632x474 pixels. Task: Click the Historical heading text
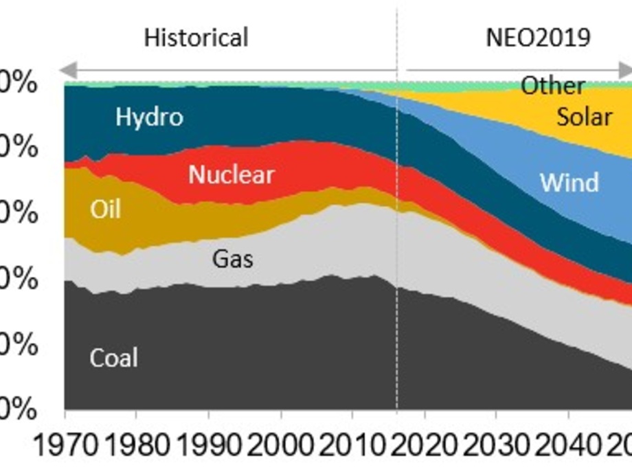(196, 37)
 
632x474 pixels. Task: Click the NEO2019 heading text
(538, 37)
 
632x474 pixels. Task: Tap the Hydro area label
(149, 117)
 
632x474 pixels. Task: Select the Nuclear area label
(231, 175)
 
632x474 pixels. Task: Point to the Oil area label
(105, 209)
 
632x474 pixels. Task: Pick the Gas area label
(232, 259)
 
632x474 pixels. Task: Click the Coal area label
(113, 358)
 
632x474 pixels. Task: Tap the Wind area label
(569, 183)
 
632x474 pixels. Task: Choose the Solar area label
(584, 117)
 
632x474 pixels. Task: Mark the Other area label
(552, 87)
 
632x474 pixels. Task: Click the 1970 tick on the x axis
(65, 447)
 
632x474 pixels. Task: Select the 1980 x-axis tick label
(136, 447)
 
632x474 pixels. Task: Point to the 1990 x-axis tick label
(208, 447)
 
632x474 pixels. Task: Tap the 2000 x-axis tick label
(280, 447)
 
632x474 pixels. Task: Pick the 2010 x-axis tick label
(352, 447)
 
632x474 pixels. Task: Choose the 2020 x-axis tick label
(425, 447)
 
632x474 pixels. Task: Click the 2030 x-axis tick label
(497, 447)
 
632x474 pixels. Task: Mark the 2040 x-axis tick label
(568, 447)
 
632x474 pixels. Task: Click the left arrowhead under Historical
(66, 70)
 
